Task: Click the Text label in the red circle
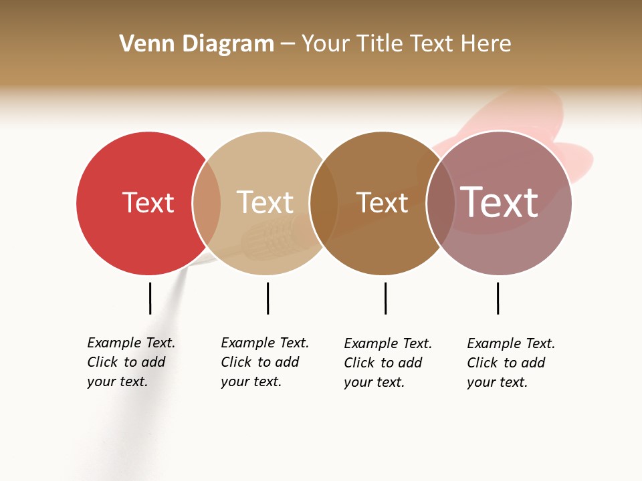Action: [148, 202]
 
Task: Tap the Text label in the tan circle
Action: [265, 202]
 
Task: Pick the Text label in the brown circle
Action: [382, 202]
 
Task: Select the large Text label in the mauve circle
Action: [499, 202]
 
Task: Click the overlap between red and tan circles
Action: [207, 202]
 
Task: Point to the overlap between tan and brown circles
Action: [324, 202]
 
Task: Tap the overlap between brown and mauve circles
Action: [441, 202]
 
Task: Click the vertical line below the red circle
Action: [150, 298]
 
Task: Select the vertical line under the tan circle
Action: [267, 298]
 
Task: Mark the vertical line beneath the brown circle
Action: [385, 298]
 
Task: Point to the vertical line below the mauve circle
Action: [498, 298]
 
